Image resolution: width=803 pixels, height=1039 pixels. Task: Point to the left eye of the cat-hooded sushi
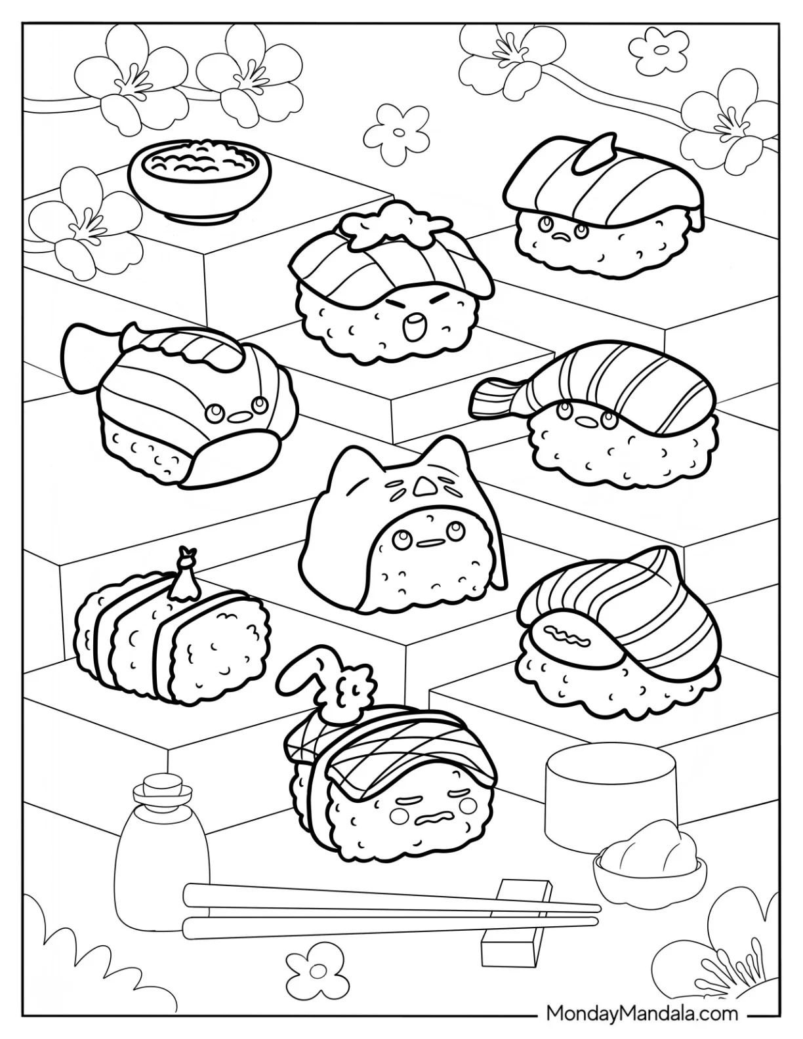[x=400, y=540]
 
